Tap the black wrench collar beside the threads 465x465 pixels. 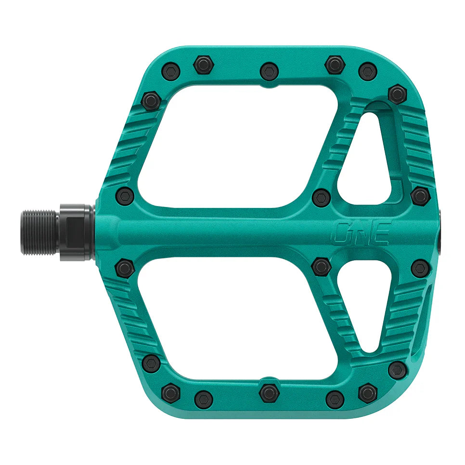click(x=76, y=232)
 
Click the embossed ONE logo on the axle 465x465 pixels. click(x=362, y=232)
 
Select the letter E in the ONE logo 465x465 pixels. click(x=381, y=232)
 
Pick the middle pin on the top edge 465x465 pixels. click(x=269, y=71)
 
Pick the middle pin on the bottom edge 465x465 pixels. click(x=269, y=393)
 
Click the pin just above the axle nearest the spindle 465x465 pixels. click(x=125, y=196)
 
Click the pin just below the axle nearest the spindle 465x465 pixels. click(x=125, y=268)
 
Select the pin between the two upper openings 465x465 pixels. click(x=321, y=197)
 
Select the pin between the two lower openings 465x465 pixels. click(x=321, y=266)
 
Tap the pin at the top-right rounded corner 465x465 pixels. click(x=397, y=93)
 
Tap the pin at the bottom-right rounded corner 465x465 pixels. click(x=397, y=370)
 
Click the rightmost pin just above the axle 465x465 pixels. click(x=420, y=195)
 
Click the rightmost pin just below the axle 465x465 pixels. click(x=420, y=268)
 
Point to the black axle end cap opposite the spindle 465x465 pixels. click(x=440, y=232)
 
